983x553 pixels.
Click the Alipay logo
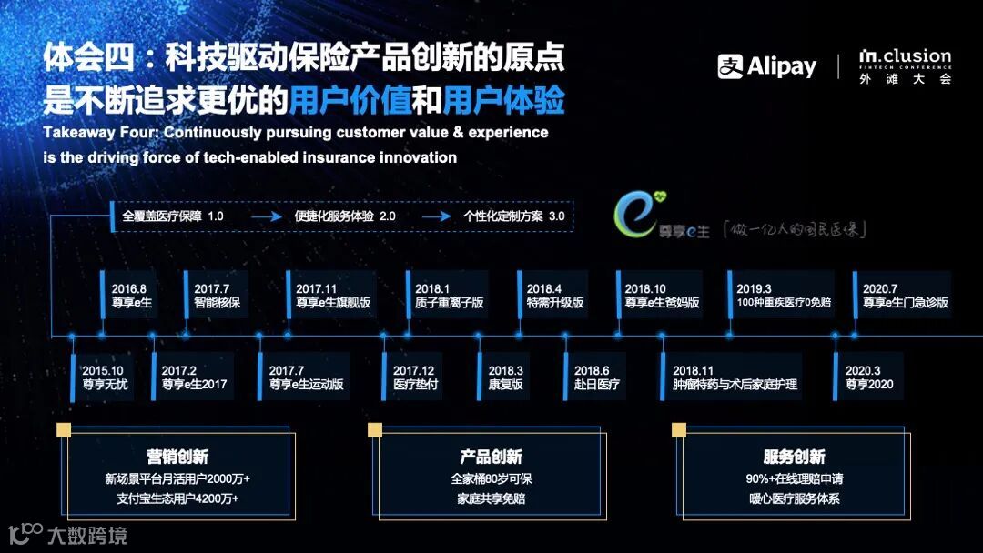click(766, 66)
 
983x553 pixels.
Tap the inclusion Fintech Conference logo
click(905, 66)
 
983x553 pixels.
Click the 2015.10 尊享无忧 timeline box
click(106, 377)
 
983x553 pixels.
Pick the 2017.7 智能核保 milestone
click(218, 295)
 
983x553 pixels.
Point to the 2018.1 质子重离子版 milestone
click(450, 295)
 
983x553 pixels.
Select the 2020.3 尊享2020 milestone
click(869, 377)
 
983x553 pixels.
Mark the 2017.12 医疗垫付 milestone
click(416, 377)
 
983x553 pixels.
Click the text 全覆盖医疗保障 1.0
click(173, 216)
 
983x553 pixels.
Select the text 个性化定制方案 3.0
click(513, 216)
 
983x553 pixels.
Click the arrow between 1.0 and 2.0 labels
click(264, 216)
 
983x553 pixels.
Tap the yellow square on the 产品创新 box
click(374, 429)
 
